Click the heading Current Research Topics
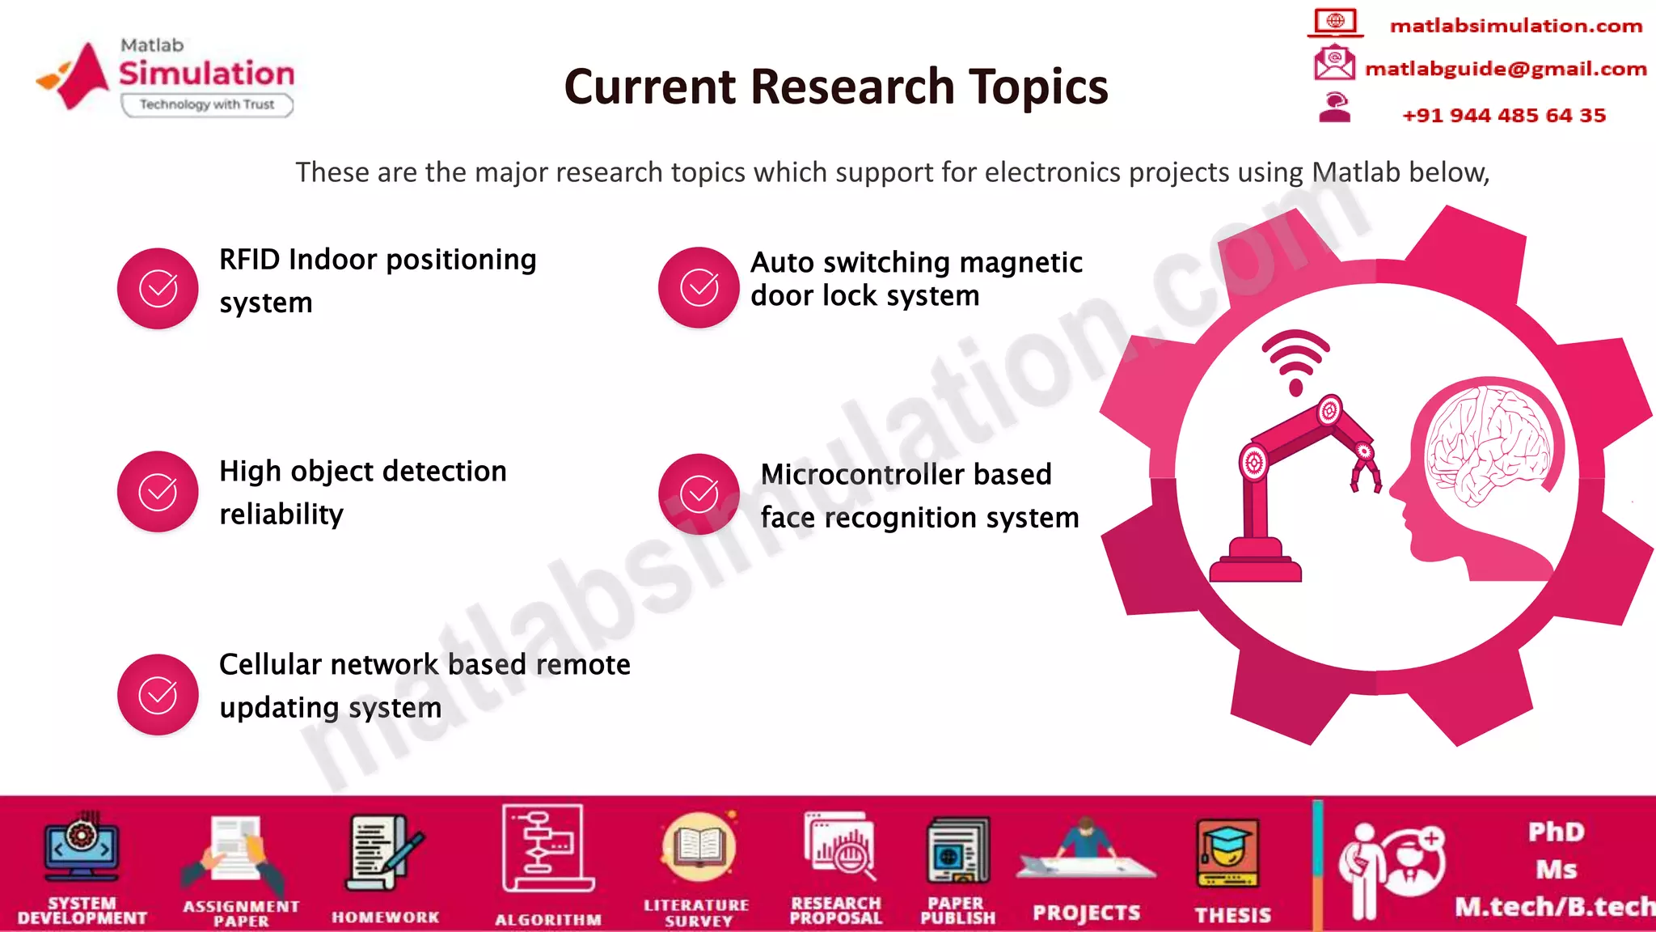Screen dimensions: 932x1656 tap(835, 87)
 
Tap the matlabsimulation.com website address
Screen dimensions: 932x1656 tap(1515, 26)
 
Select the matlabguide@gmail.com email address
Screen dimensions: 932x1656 tap(1505, 69)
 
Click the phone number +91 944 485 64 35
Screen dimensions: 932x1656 tap(1503, 115)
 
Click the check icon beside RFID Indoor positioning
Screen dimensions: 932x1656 tap(158, 289)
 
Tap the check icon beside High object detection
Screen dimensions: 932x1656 tap(158, 492)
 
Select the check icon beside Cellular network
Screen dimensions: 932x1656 tap(158, 695)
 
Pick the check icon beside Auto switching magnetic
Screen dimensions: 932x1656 tap(699, 287)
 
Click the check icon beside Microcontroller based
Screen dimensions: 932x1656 tap(699, 494)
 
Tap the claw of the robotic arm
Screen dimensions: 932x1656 tap(1366, 474)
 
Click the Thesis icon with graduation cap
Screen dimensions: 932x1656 tap(1228, 854)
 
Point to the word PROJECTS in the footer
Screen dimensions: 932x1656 tap(1086, 913)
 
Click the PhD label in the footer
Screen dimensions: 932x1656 tap(1556, 832)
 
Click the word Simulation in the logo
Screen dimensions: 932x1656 tap(207, 74)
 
